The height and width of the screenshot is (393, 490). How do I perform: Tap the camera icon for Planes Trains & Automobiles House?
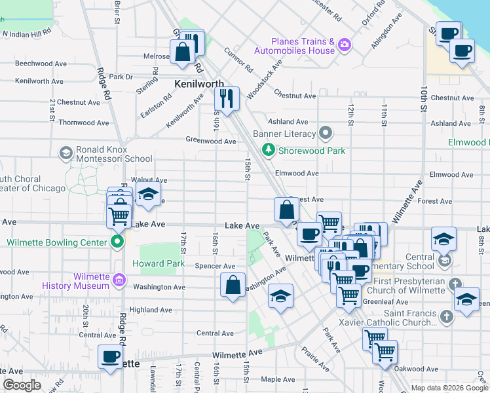345,45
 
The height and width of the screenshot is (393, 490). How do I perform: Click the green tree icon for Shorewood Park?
268,151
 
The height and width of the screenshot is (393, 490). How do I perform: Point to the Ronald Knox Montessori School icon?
66,153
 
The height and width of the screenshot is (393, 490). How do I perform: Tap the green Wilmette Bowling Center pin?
117,242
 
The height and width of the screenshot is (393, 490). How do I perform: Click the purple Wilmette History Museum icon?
119,281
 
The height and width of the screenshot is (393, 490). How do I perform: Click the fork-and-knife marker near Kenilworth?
227,99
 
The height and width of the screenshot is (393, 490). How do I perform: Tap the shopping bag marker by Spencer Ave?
233,286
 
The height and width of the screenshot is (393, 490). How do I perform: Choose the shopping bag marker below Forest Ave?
286,210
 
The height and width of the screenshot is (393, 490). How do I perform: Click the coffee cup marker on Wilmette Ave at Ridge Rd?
110,357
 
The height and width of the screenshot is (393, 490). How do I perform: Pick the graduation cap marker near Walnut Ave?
149,195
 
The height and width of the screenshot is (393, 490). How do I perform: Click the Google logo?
22,385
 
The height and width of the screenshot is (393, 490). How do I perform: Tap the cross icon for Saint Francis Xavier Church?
446,317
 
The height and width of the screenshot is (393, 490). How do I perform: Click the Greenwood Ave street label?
210,141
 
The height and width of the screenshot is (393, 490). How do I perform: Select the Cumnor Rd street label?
238,60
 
